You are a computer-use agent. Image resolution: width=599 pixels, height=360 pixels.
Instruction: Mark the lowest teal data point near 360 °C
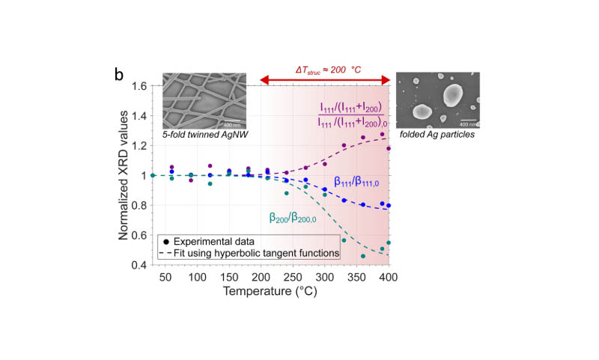point(362,256)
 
